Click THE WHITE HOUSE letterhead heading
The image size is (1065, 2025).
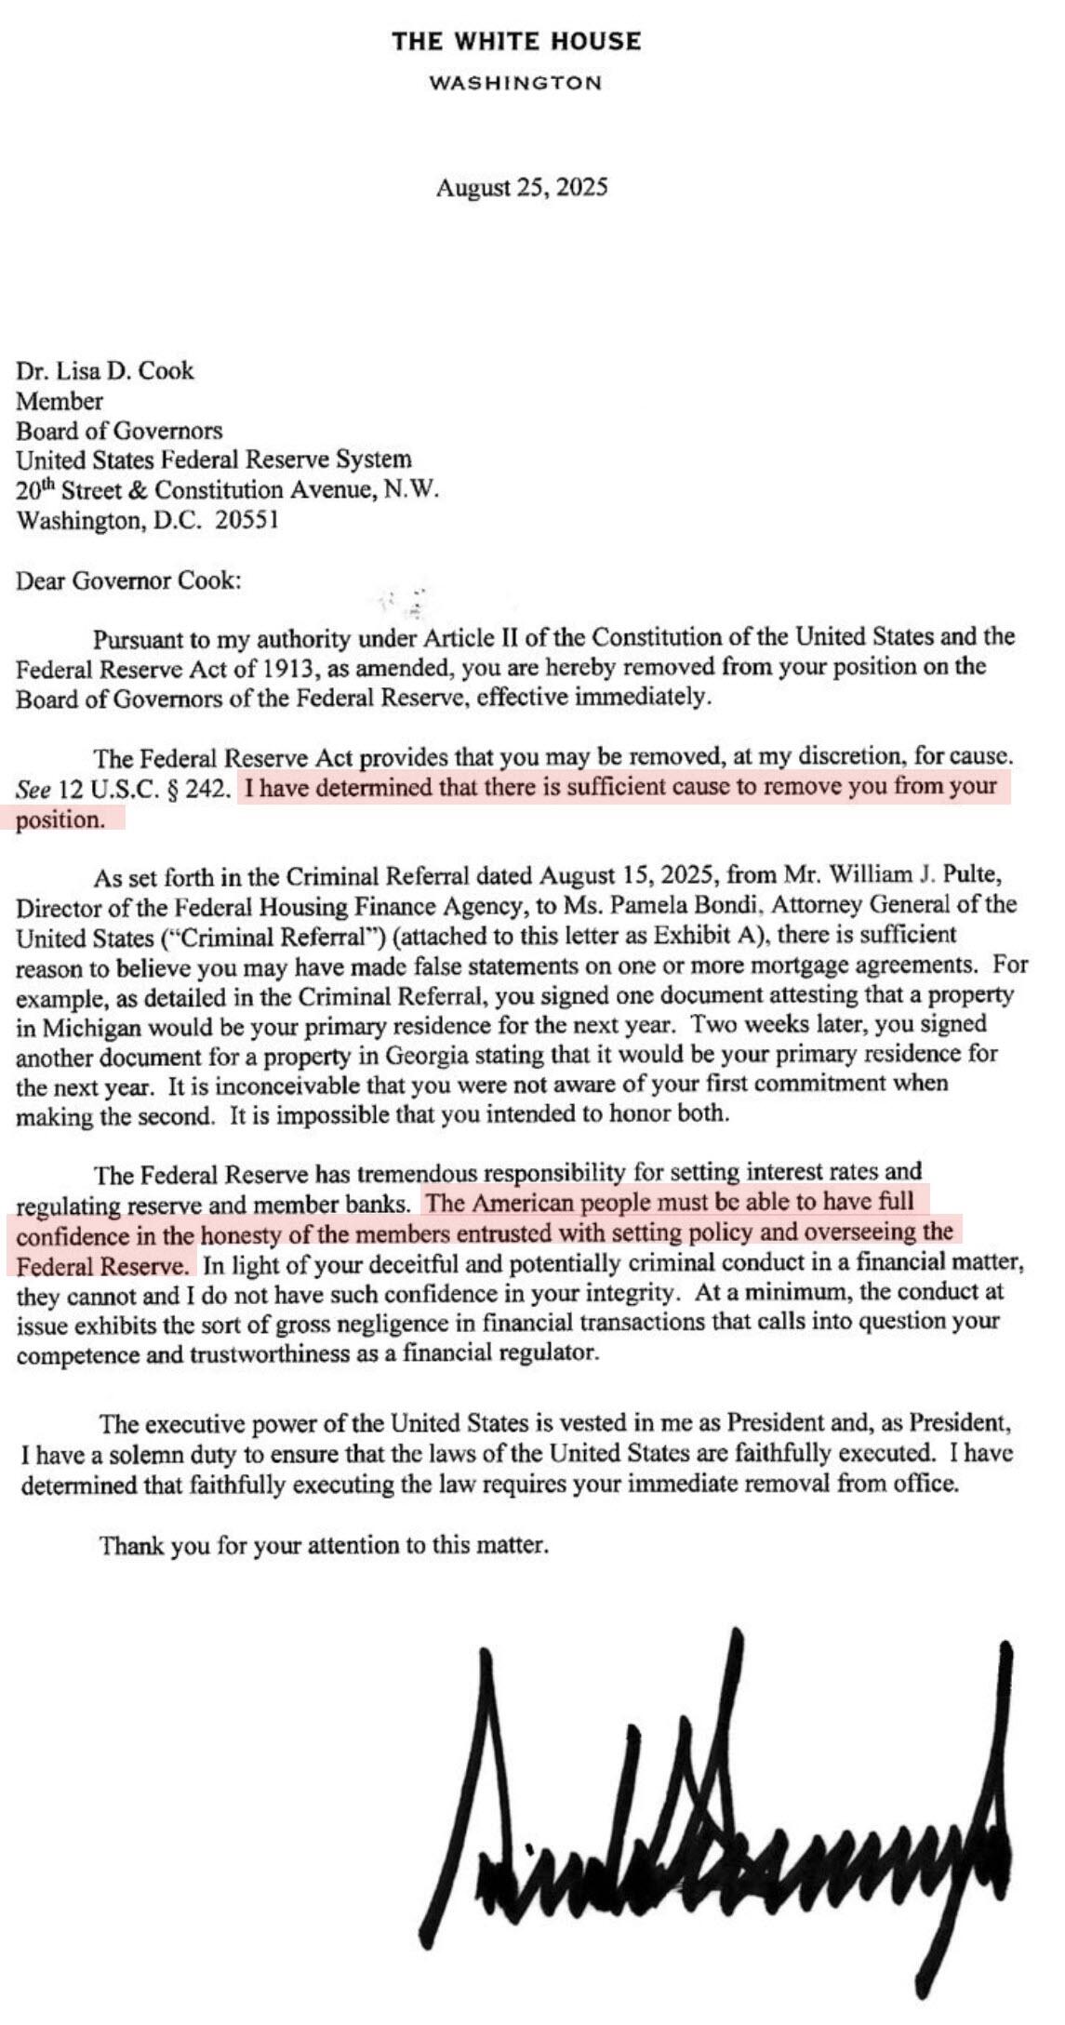click(516, 42)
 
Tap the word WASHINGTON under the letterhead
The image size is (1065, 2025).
click(516, 83)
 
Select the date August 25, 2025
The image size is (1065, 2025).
click(522, 188)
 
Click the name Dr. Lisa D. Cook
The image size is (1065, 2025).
click(104, 371)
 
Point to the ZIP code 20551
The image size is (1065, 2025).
click(246, 520)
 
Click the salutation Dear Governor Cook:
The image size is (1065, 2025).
click(128, 581)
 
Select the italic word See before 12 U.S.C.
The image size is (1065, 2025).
click(33, 790)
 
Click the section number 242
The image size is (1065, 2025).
click(206, 790)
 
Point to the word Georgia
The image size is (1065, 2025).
click(406, 1056)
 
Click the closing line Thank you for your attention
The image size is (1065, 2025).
click(324, 1546)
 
